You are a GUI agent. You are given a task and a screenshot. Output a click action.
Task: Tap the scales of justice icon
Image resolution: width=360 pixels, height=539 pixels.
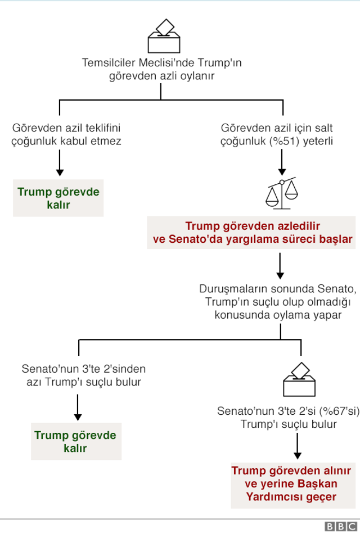click(x=281, y=192)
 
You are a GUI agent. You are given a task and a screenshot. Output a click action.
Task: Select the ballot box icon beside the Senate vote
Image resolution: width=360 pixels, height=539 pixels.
click(x=299, y=381)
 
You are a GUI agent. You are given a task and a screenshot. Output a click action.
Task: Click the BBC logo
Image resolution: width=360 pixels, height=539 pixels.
click(x=340, y=527)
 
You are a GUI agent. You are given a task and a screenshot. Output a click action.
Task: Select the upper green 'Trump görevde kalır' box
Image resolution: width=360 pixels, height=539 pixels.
click(x=58, y=198)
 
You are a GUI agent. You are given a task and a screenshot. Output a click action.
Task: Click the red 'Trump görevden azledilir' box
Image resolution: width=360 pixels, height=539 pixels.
click(x=253, y=233)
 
